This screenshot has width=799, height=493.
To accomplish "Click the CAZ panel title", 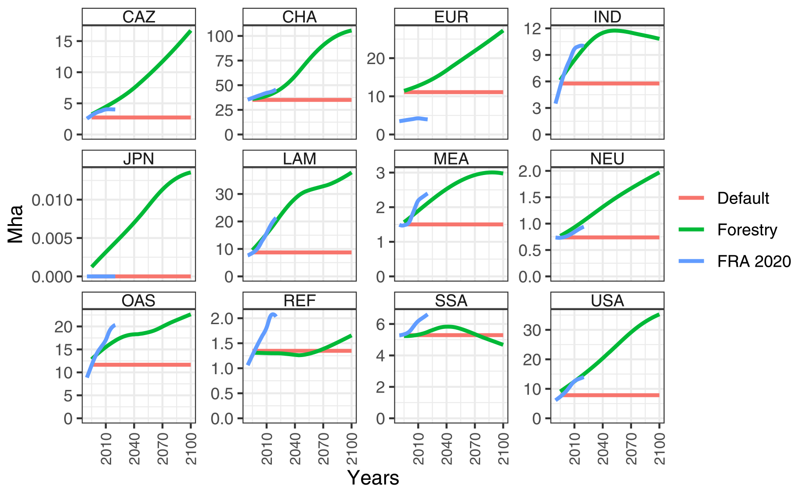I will (138, 17).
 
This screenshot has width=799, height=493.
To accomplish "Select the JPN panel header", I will (138, 159).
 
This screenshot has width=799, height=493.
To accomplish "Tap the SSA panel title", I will (451, 301).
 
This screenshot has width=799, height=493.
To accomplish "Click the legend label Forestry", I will (747, 230).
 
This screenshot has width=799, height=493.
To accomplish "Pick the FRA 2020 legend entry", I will (754, 261).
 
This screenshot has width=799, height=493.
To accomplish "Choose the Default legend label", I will (743, 198).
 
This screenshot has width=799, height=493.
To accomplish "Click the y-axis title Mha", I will (16, 224).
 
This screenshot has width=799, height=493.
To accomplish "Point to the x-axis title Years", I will (373, 478).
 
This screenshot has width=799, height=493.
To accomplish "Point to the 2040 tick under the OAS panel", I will (134, 448).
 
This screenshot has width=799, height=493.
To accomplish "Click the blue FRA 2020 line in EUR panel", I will (413, 119).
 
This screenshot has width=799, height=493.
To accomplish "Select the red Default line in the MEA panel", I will (457, 225).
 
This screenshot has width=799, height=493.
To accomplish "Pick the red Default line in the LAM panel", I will (307, 252).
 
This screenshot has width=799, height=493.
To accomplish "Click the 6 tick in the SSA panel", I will (380, 325).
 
